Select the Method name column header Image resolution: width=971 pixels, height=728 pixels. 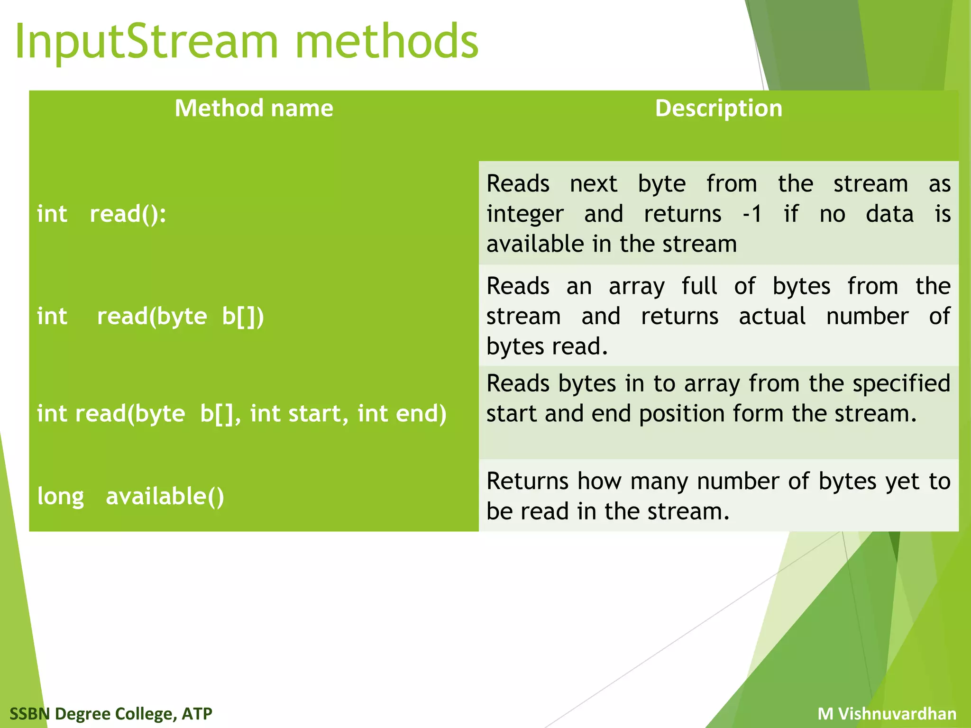coord(254,108)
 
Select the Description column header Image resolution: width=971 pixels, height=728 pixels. coord(718,108)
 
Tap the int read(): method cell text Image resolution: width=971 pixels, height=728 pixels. coord(101,214)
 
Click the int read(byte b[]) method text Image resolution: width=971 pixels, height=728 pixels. coord(150,316)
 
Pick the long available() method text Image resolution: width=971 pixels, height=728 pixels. coord(130,496)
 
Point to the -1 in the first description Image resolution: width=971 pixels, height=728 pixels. coord(752,214)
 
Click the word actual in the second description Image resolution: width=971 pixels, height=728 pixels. coord(772,316)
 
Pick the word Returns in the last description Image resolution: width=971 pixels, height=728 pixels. coord(527,481)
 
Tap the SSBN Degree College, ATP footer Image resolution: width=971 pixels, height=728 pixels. coord(111,713)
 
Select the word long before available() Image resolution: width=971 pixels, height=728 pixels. coord(61,497)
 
